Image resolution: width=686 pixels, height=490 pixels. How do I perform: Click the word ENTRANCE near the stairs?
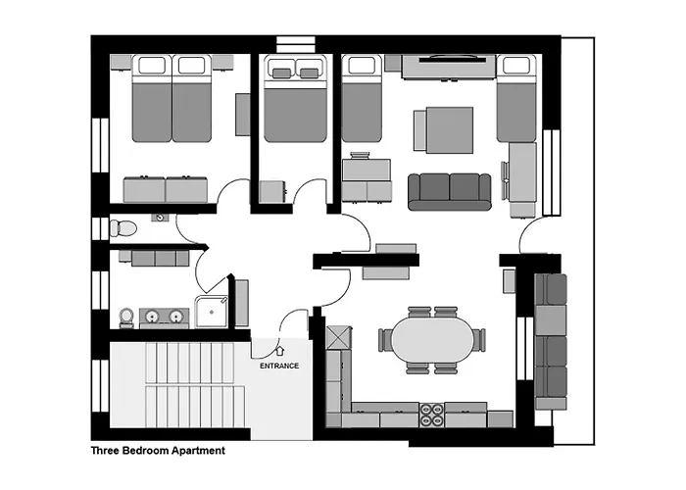279,366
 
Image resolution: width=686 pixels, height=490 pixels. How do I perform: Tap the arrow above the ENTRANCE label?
279,348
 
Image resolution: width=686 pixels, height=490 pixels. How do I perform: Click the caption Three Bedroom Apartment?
158,452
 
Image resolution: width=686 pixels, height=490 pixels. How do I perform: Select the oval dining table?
431,339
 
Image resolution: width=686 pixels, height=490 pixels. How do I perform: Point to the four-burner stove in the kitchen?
432,416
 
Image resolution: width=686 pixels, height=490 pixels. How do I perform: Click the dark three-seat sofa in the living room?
449,191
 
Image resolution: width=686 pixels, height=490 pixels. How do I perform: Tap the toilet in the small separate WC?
122,228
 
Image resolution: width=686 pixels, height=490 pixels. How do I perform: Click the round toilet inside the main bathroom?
125,317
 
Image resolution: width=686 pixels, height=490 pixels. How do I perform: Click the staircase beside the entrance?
176,387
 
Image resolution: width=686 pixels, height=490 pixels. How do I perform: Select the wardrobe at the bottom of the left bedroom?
165,189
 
